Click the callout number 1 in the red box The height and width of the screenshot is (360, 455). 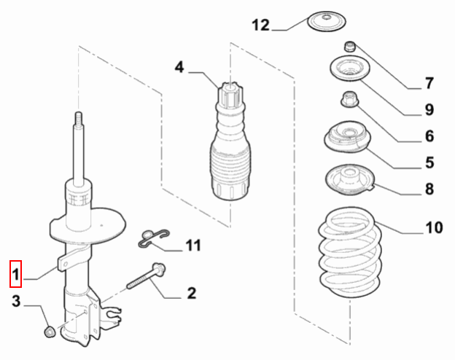[x=15, y=275]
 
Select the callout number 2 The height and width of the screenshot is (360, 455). [x=191, y=294]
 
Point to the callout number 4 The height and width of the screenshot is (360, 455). [x=179, y=69]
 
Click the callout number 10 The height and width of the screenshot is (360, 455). [x=433, y=229]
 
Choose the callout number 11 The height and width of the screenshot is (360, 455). [x=192, y=246]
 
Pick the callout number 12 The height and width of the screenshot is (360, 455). [x=261, y=26]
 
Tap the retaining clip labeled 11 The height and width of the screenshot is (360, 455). [x=154, y=235]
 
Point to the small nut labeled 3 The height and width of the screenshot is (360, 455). [x=49, y=332]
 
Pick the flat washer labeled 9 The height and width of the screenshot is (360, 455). [x=349, y=72]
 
